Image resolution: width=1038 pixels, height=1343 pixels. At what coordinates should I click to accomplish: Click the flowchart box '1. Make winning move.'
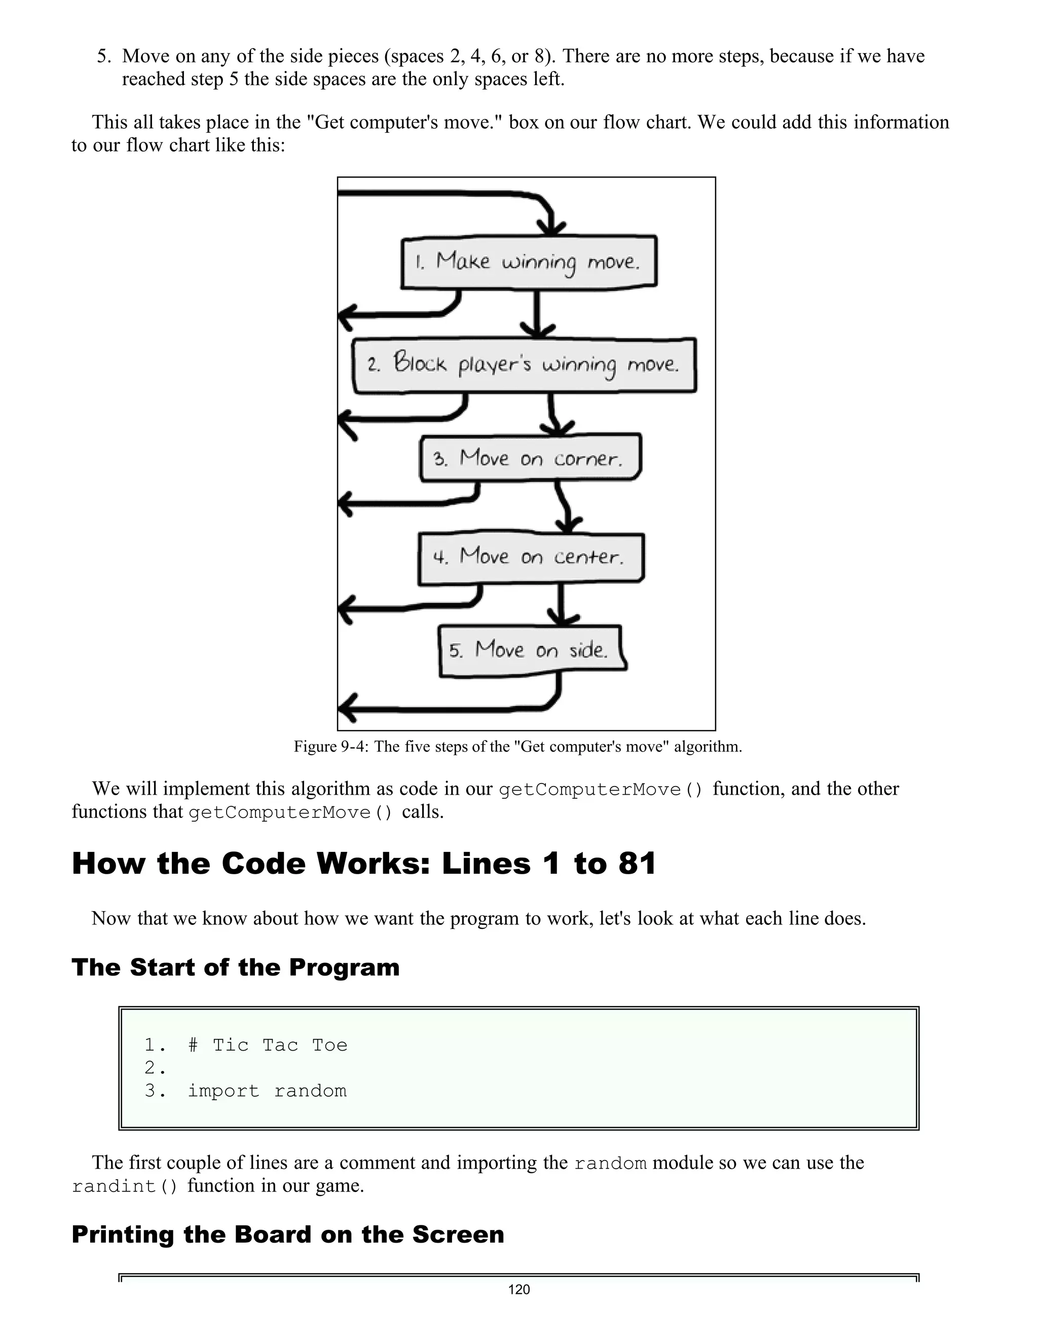pos(529,262)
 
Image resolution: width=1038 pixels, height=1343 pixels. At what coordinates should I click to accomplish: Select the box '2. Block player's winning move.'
pos(525,365)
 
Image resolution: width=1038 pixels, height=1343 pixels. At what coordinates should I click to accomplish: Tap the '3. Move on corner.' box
pos(530,458)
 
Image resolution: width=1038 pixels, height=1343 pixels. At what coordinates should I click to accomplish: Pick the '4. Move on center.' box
pos(531,557)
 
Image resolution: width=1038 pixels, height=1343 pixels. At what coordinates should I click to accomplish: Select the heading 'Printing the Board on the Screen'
pos(288,1234)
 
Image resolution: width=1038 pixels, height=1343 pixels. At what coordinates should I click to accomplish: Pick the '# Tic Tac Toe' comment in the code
pos(268,1046)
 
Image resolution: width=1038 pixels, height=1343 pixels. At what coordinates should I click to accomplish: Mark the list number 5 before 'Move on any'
pos(103,57)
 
